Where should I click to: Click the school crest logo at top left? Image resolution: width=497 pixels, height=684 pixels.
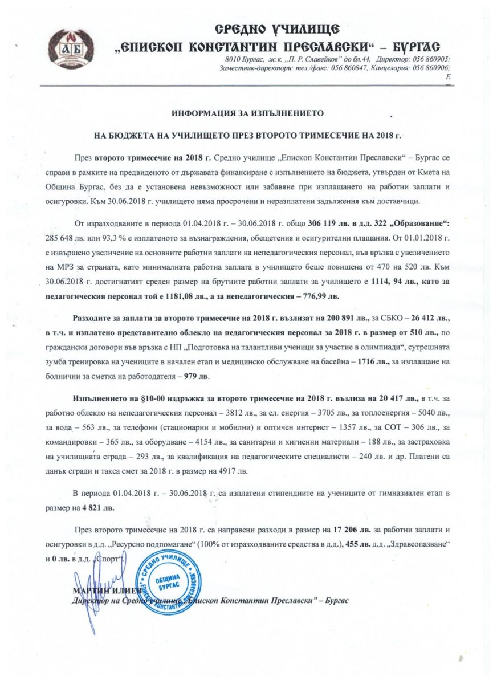click(x=67, y=48)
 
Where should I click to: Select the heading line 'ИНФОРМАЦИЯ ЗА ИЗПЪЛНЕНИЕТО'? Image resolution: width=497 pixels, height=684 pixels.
click(x=247, y=113)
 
